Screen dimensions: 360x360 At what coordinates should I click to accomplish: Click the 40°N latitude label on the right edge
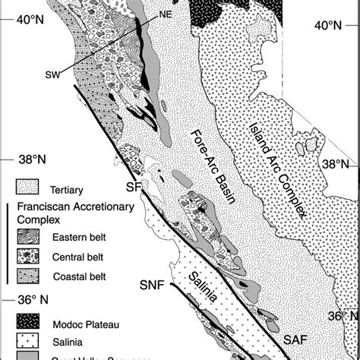point(330,26)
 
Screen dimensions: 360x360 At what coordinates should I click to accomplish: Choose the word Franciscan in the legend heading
point(46,206)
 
